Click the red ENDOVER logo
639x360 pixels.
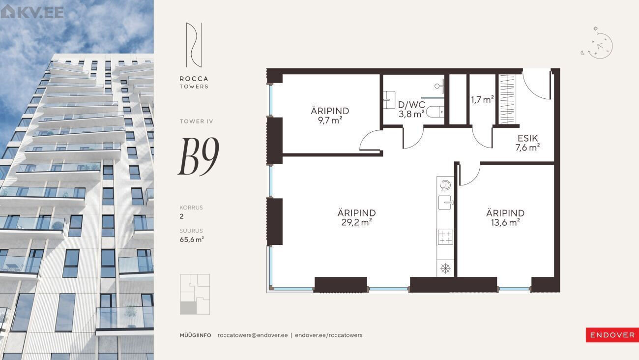click(612, 335)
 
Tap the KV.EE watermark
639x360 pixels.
click(32, 12)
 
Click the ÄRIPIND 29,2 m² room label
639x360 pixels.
click(356, 217)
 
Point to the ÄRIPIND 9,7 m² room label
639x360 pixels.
click(330, 116)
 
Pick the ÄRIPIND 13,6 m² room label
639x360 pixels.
click(505, 217)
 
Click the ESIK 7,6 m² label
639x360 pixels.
click(527, 143)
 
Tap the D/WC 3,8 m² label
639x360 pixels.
click(411, 109)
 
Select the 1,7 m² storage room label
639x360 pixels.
click(482, 100)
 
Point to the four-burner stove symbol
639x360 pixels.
click(445, 237)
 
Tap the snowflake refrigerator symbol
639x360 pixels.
click(445, 269)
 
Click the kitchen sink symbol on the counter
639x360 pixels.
click(446, 203)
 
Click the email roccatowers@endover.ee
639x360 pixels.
click(253, 335)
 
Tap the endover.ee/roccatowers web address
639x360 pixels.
click(329, 335)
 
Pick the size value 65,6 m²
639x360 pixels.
click(192, 240)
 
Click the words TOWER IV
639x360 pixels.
click(196, 121)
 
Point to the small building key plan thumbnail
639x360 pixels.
click(195, 294)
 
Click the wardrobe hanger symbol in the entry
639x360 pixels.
click(507, 99)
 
